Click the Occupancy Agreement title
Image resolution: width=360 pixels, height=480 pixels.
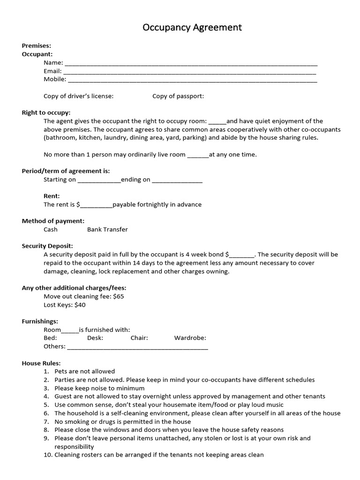point(192,28)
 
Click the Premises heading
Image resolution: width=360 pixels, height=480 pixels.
point(37,45)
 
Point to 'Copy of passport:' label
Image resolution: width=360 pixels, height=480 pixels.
point(178,96)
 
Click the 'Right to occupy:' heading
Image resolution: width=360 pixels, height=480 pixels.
point(46,112)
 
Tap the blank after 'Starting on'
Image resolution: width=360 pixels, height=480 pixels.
point(98,180)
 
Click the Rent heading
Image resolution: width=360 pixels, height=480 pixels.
point(52,196)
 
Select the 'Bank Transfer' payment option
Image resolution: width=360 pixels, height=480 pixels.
point(107,229)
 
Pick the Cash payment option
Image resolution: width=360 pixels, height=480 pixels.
point(51,229)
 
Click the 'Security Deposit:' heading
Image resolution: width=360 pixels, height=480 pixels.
point(47,246)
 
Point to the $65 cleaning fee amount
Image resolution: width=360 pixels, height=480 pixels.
point(119,296)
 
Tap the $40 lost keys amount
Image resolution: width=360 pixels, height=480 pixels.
point(80,305)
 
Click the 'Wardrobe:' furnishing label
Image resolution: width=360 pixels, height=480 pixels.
point(190,337)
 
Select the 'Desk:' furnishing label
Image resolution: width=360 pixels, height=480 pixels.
point(95,337)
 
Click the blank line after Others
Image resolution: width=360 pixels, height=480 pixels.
point(137,347)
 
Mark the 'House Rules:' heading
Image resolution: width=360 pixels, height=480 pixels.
point(41,363)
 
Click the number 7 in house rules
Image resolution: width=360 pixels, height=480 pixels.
point(46,421)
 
